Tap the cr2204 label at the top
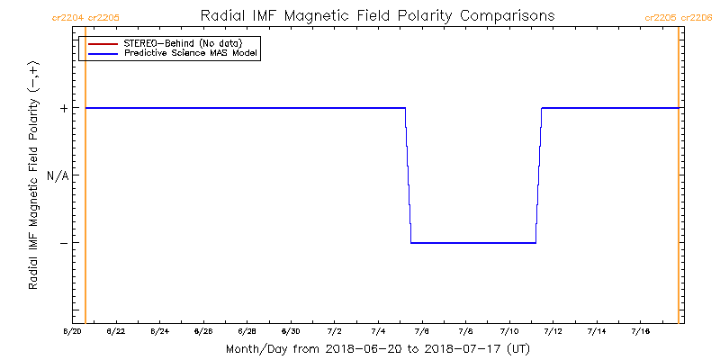click(x=68, y=18)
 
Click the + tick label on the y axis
click(x=64, y=108)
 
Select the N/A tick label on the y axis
click(x=58, y=175)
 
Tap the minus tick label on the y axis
click(x=64, y=243)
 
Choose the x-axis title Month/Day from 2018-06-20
click(x=377, y=348)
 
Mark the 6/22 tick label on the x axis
click(x=115, y=332)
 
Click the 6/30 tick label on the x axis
click(x=291, y=332)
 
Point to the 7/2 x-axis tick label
click(x=334, y=332)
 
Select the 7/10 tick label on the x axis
click(x=509, y=332)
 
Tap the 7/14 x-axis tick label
click(x=597, y=332)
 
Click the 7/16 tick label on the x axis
click(x=641, y=332)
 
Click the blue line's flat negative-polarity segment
click(x=473, y=243)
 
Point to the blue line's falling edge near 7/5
click(x=408, y=175)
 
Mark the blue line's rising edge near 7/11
click(x=538, y=175)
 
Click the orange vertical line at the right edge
click(x=678, y=180)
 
